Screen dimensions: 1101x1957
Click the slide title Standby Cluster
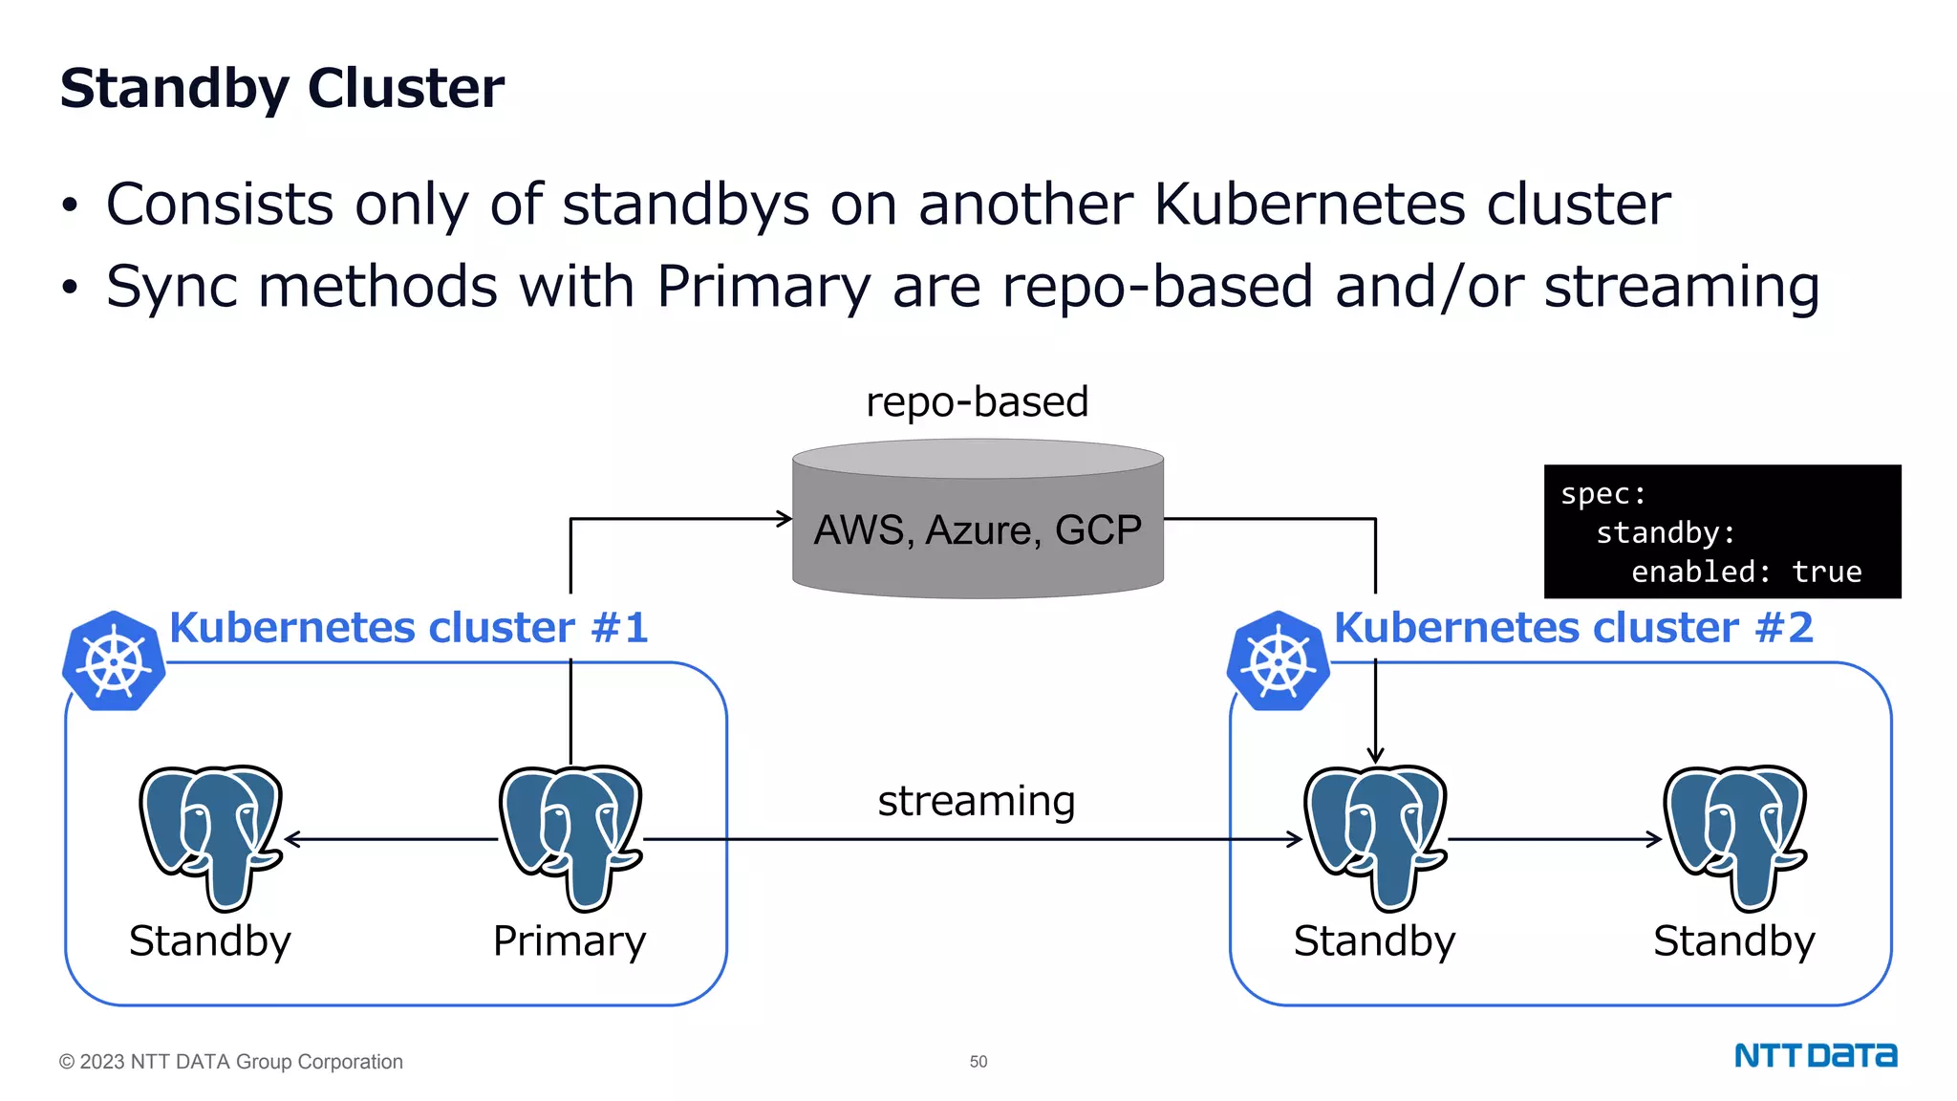click(x=282, y=88)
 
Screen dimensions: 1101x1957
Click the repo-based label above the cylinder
click(x=977, y=401)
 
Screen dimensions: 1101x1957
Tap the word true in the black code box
click(x=1826, y=572)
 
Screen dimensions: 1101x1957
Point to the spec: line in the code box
click(x=1602, y=494)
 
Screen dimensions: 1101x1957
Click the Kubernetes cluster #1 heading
click(x=409, y=628)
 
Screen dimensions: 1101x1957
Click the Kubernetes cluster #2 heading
click(x=1573, y=628)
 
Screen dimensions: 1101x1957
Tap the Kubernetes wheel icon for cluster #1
click(x=114, y=661)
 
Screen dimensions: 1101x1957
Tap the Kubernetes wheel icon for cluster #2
click(x=1278, y=661)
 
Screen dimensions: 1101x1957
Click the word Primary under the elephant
click(x=570, y=941)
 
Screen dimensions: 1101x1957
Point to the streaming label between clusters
click(x=977, y=801)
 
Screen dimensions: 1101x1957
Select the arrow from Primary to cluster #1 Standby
click(x=392, y=839)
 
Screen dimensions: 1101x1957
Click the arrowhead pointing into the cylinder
click(x=785, y=519)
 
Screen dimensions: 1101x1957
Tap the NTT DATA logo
click(x=1815, y=1055)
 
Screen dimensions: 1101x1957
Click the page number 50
click(x=978, y=1061)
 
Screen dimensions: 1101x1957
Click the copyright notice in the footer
click(x=231, y=1061)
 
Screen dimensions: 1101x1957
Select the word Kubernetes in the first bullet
click(x=1309, y=205)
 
